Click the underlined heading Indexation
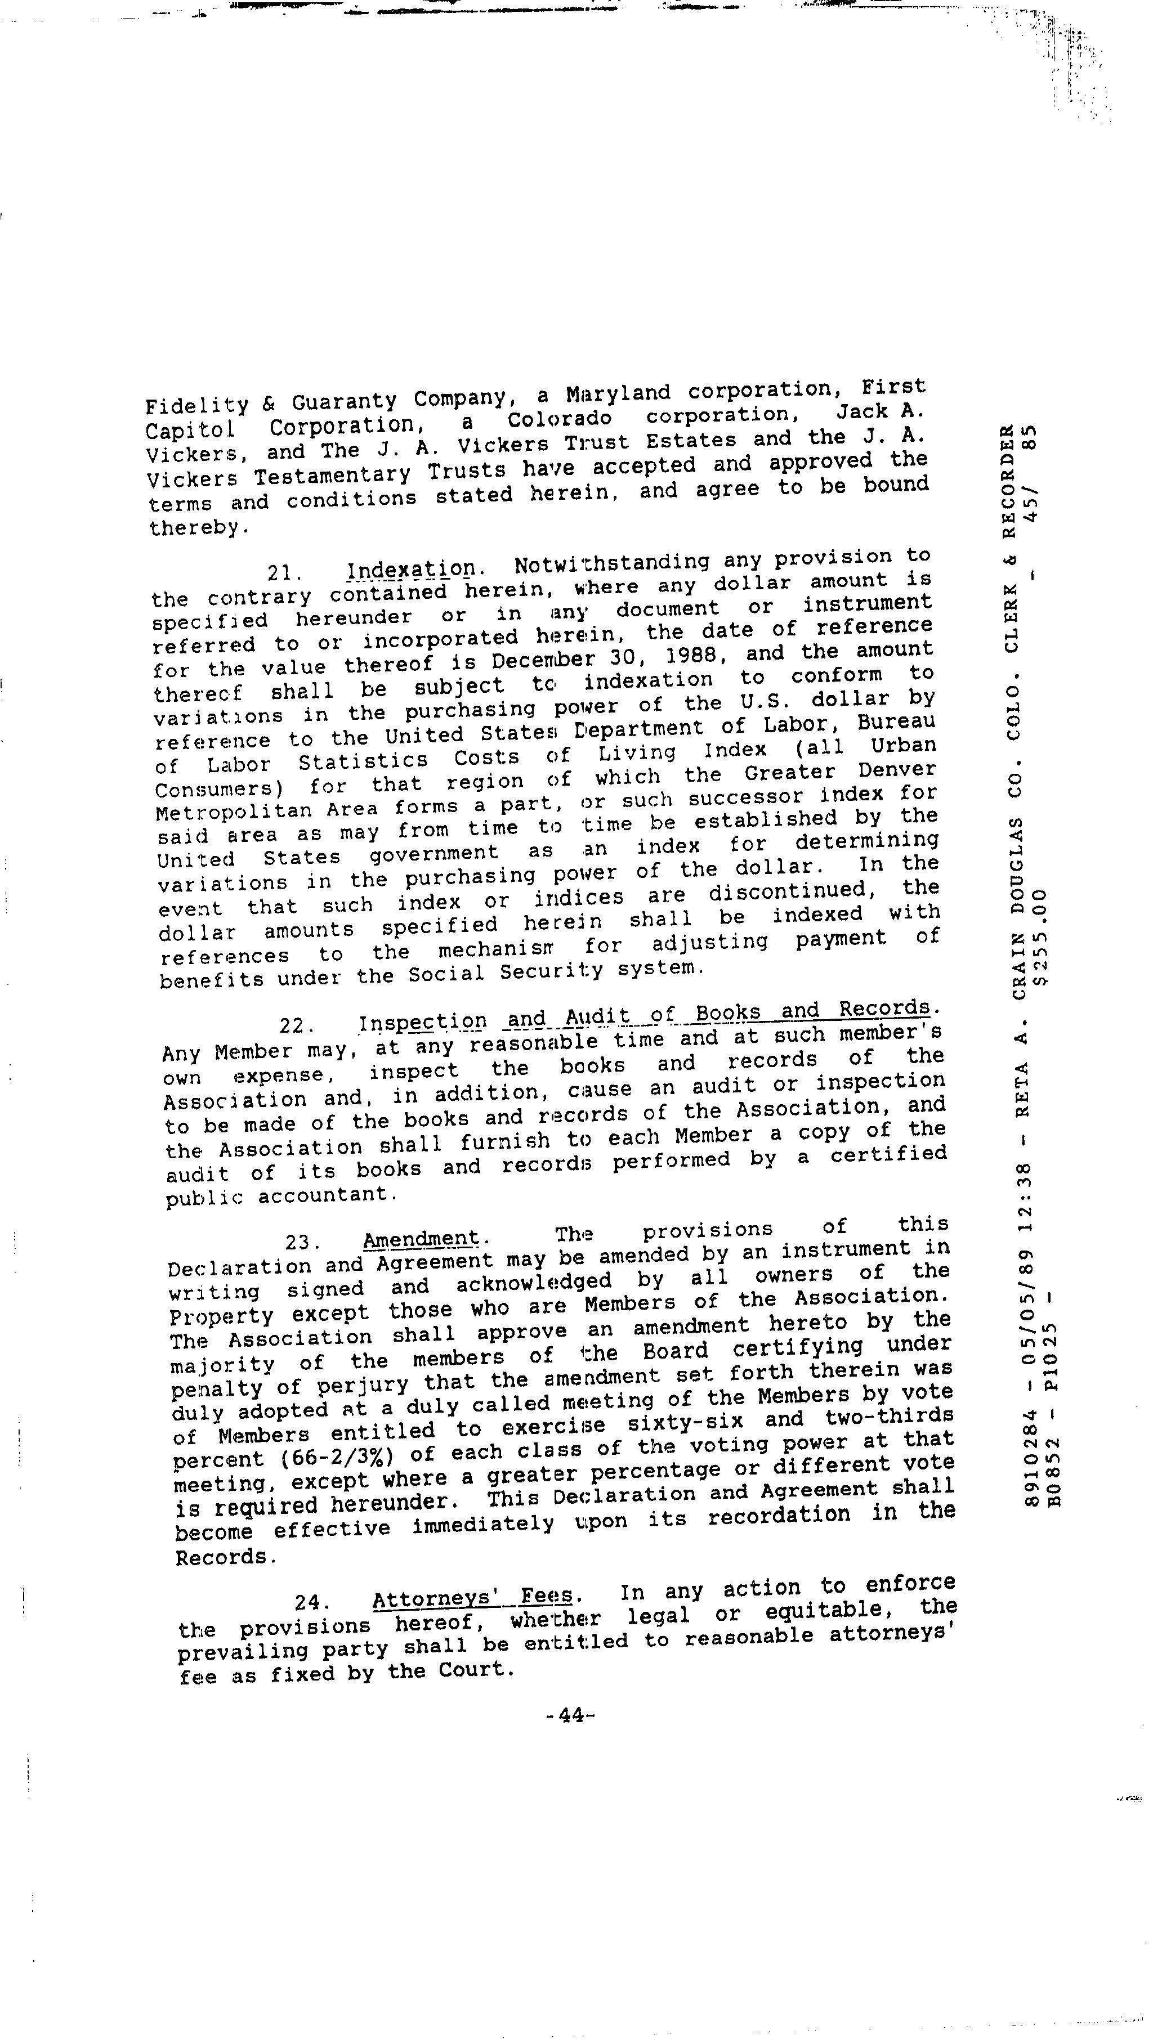[412, 570]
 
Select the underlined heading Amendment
[421, 1239]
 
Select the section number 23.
[302, 1241]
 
